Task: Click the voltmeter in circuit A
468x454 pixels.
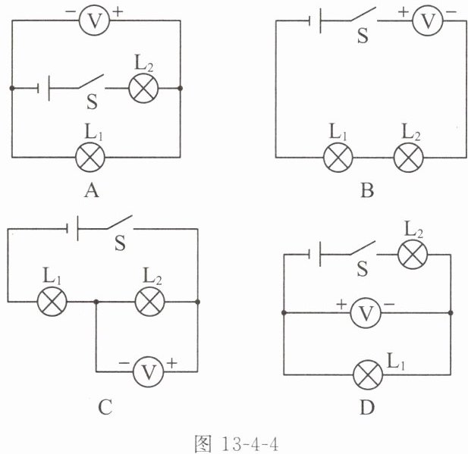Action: (94, 20)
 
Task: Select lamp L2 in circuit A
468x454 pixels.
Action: (143, 88)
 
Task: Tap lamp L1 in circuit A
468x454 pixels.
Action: (90, 157)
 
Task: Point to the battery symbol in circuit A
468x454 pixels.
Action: (43, 88)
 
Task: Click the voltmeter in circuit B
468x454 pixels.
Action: (427, 21)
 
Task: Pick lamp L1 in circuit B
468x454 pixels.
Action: (338, 157)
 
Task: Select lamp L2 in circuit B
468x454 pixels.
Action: (409, 157)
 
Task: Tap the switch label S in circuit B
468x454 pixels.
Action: (363, 36)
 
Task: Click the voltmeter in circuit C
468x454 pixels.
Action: (149, 371)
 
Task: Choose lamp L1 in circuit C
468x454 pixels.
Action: (52, 302)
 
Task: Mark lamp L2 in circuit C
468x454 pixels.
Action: (150, 302)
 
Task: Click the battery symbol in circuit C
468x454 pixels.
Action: (73, 228)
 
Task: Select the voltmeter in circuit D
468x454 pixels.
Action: (366, 313)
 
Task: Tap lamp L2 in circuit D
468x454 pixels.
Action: (413, 255)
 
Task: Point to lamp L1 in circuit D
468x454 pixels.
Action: (368, 374)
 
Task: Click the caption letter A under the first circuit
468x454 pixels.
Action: (91, 190)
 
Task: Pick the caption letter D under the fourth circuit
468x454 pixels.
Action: (367, 407)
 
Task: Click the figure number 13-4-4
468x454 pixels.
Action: (250, 444)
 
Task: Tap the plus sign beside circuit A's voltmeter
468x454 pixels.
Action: (118, 12)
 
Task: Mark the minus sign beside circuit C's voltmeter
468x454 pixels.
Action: (124, 363)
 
